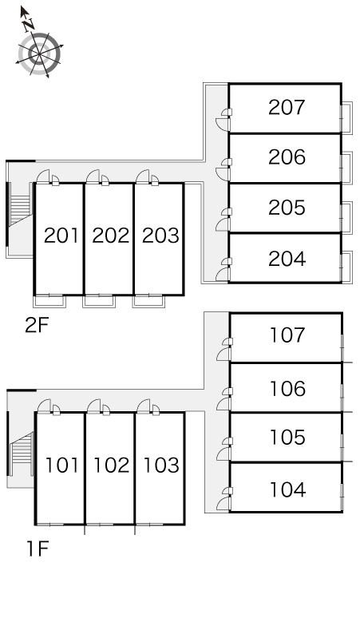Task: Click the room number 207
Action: pos(287,107)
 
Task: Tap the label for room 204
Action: pos(287,259)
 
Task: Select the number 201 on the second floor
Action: pos(61,236)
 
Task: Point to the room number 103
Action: pos(161,465)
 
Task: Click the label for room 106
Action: pos(287,389)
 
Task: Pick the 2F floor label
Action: pos(37,325)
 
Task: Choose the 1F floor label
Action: pos(38,549)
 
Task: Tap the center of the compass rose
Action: pos(39,53)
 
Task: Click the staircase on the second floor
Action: pos(21,209)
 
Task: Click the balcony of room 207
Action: pos(346,117)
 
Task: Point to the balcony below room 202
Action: pos(99,301)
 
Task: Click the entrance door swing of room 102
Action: pos(93,406)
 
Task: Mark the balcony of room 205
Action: pos(346,217)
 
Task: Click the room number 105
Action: pos(287,438)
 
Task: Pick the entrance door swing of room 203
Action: pos(142,176)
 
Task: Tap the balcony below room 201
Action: pos(49,301)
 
